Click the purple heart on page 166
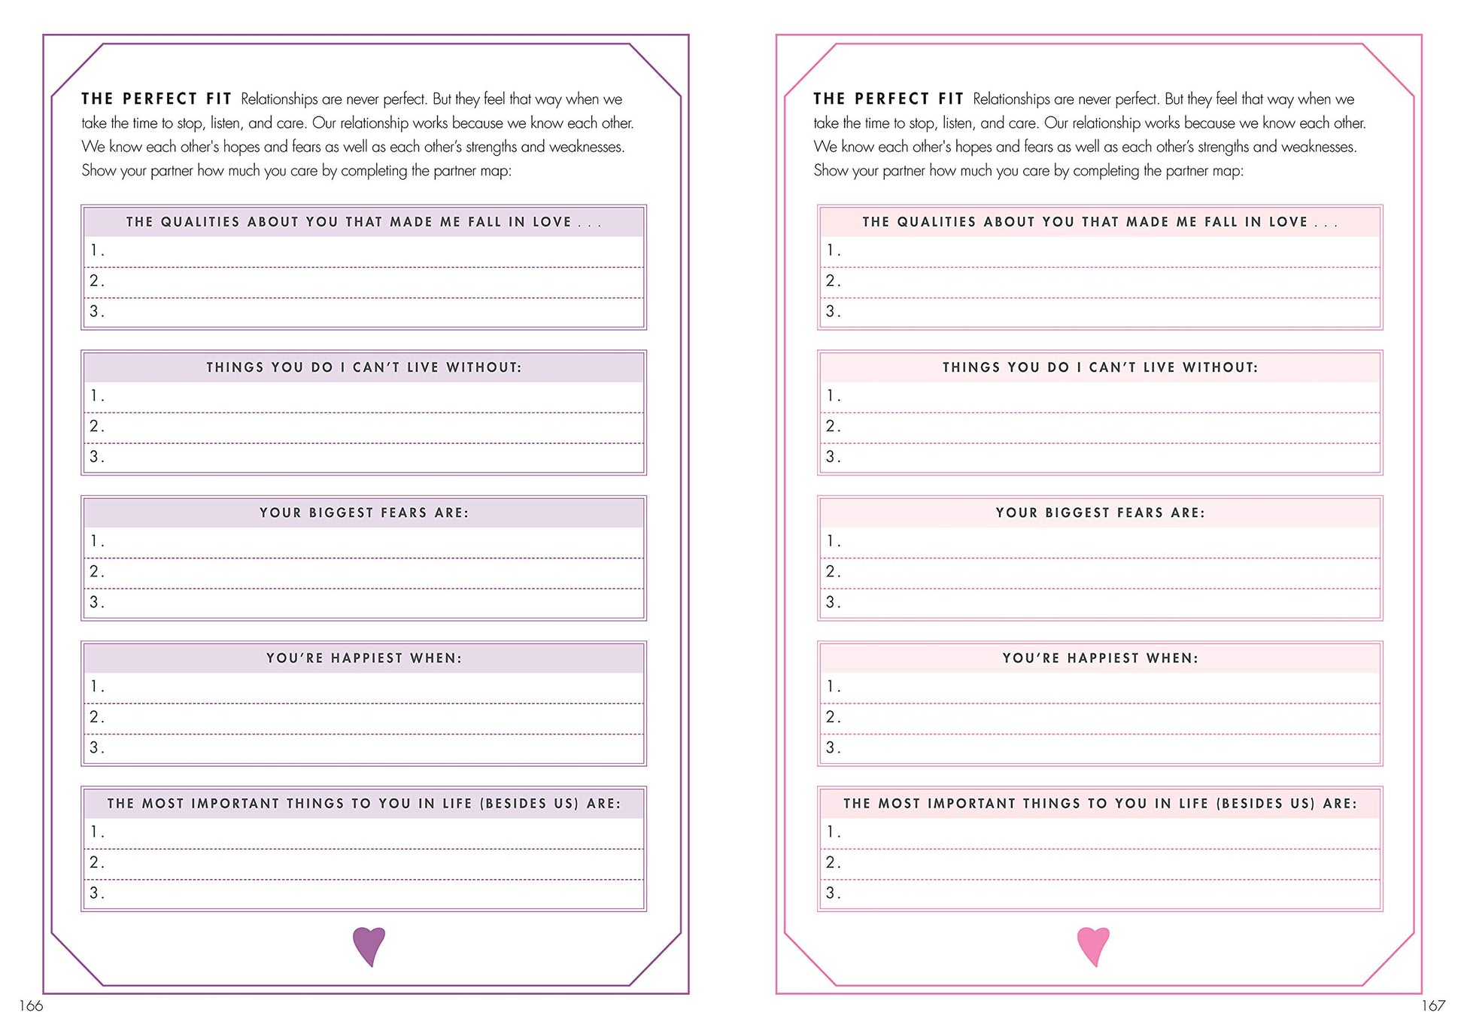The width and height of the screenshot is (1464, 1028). pos(369,945)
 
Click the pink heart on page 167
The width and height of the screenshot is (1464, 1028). pos(1093,945)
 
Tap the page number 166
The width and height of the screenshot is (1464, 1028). pos(31,1005)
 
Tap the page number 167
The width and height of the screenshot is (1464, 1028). pos(1432,1005)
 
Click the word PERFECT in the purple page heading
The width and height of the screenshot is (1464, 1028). pos(159,99)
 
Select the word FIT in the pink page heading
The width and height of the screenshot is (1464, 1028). pos(951,99)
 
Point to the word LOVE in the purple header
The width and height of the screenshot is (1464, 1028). pos(552,222)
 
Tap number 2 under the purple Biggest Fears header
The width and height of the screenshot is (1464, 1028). pos(95,571)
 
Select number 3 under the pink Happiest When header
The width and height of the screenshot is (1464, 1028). pos(831,747)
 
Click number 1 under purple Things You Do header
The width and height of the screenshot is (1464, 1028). pos(95,396)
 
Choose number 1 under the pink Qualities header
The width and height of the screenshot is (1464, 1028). pos(831,251)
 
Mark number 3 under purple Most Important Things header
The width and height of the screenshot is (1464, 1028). pos(95,893)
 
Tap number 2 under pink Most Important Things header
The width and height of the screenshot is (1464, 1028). pos(831,862)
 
